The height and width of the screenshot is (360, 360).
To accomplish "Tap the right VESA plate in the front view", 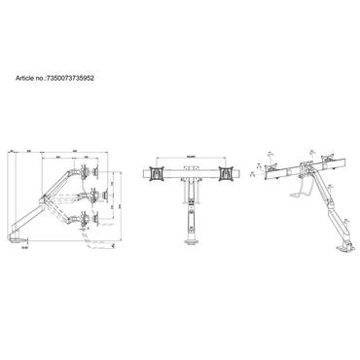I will coord(228,172).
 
